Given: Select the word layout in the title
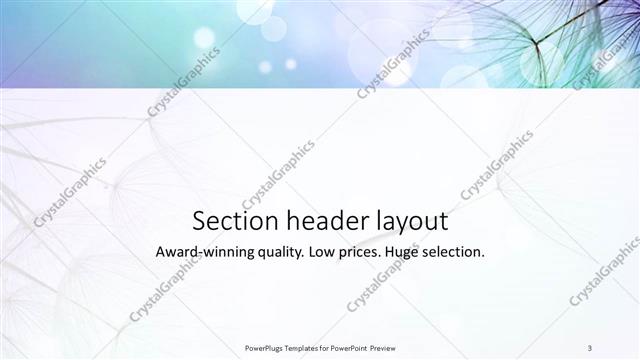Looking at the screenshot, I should [410, 222].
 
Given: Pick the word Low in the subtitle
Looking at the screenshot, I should [328, 253].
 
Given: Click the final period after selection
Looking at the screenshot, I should [484, 258].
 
